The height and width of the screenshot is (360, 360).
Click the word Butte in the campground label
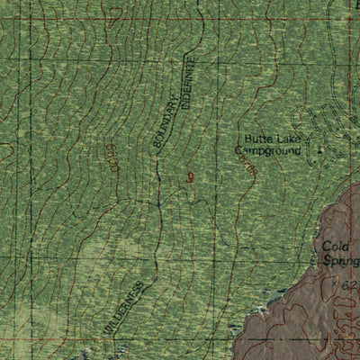pos(257,139)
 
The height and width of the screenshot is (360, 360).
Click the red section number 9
pos(190,176)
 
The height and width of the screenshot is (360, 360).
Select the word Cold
pos(337,247)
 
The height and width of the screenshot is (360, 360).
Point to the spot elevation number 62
pos(350,284)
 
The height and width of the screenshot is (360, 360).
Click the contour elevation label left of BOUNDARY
pos(112,155)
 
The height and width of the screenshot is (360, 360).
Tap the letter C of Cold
pos(326,247)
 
